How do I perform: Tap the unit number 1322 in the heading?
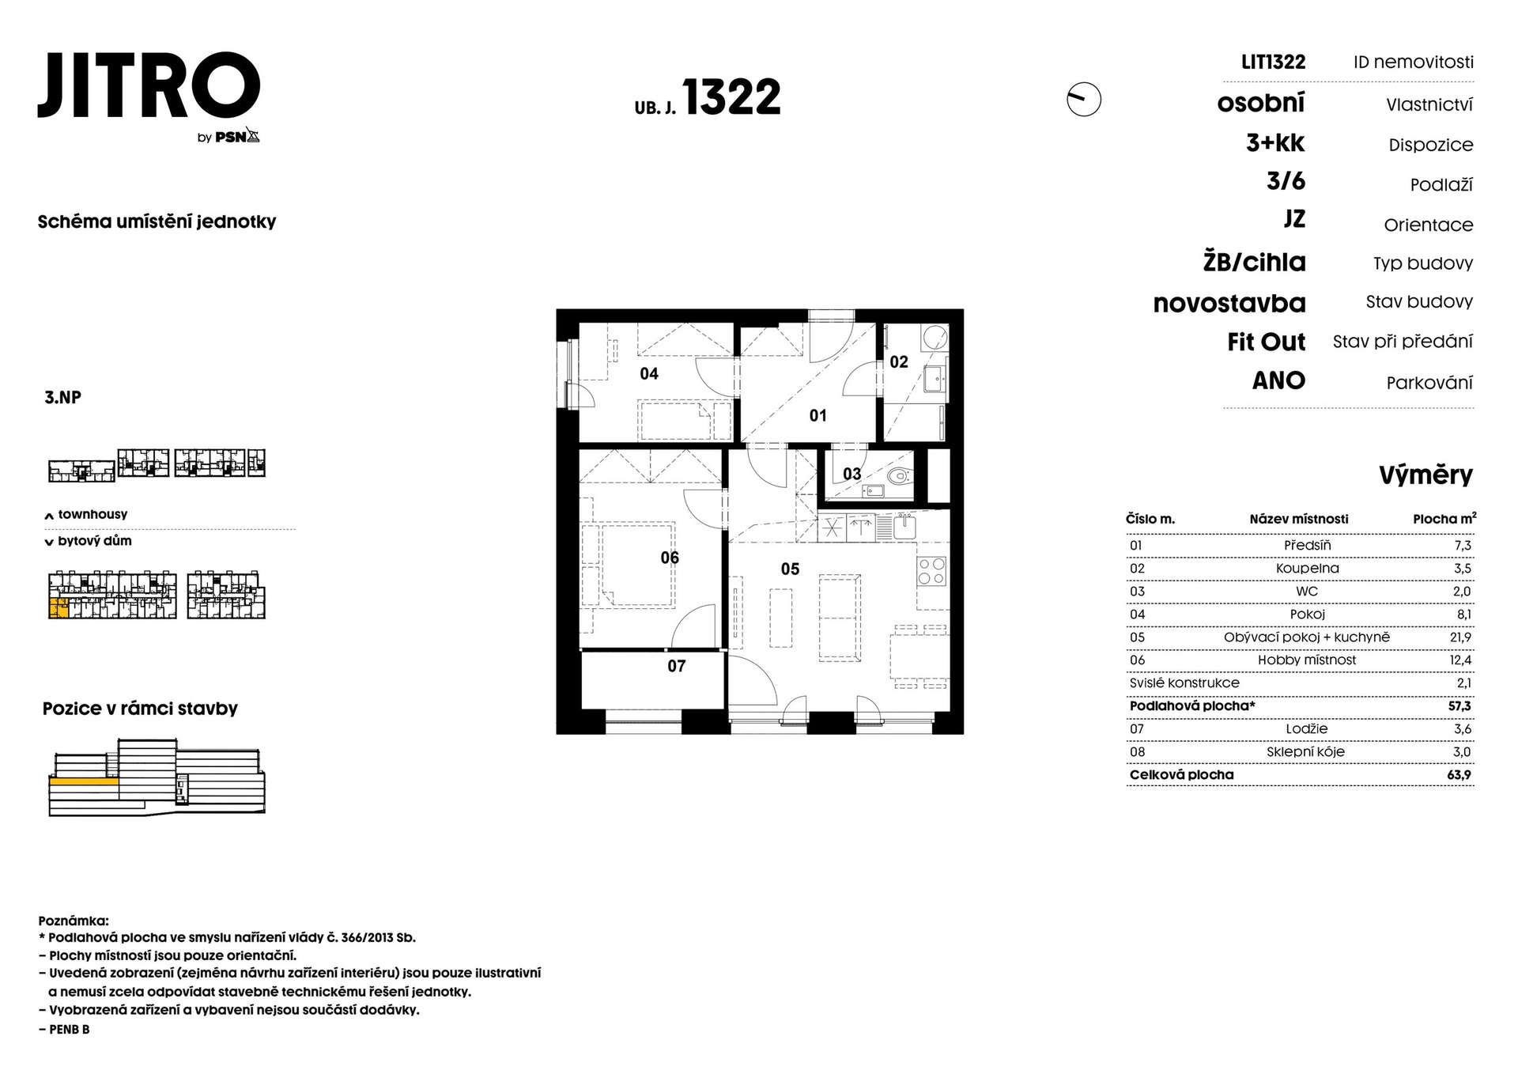(x=731, y=97)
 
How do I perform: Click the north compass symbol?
(x=1083, y=100)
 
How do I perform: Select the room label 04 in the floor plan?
(x=649, y=373)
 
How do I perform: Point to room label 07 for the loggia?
(x=677, y=666)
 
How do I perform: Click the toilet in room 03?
(x=898, y=476)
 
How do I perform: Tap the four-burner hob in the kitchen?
(x=932, y=571)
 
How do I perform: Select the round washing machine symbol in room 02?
(x=935, y=338)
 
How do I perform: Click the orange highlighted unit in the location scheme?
(x=59, y=608)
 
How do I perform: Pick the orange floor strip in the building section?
(x=84, y=781)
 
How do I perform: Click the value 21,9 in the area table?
(x=1460, y=637)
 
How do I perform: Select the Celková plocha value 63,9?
(x=1459, y=775)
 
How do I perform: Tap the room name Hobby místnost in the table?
(x=1307, y=660)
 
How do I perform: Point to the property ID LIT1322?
(x=1273, y=62)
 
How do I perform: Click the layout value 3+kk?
(x=1275, y=143)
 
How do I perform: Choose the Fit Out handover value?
(x=1266, y=342)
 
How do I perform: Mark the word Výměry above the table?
(x=1425, y=475)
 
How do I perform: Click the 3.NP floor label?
(x=62, y=397)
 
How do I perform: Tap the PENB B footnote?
(x=64, y=1029)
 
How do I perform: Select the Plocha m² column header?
(x=1444, y=519)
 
